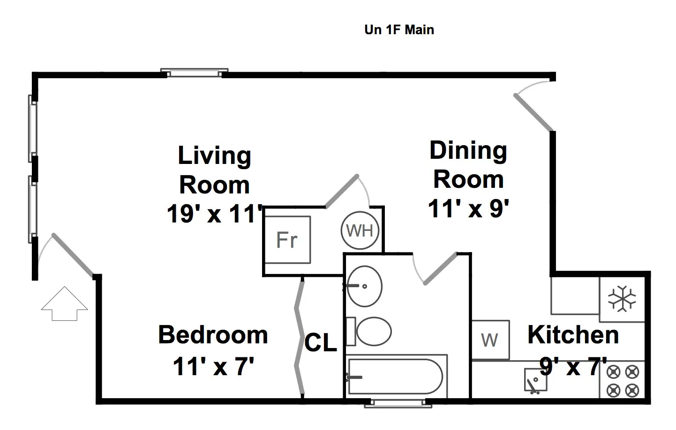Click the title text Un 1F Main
click(x=399, y=30)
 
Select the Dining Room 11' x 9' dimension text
click(x=468, y=208)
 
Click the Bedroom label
click(x=213, y=335)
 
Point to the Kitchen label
click(x=573, y=335)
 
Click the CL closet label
click(x=321, y=343)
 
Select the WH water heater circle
click(x=360, y=230)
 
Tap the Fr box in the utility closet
click(x=287, y=240)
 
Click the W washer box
click(x=490, y=340)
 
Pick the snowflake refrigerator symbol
click(x=622, y=299)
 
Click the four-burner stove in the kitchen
click(x=623, y=381)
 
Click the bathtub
click(x=395, y=377)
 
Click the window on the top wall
click(x=194, y=73)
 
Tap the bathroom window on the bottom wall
click(x=392, y=403)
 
